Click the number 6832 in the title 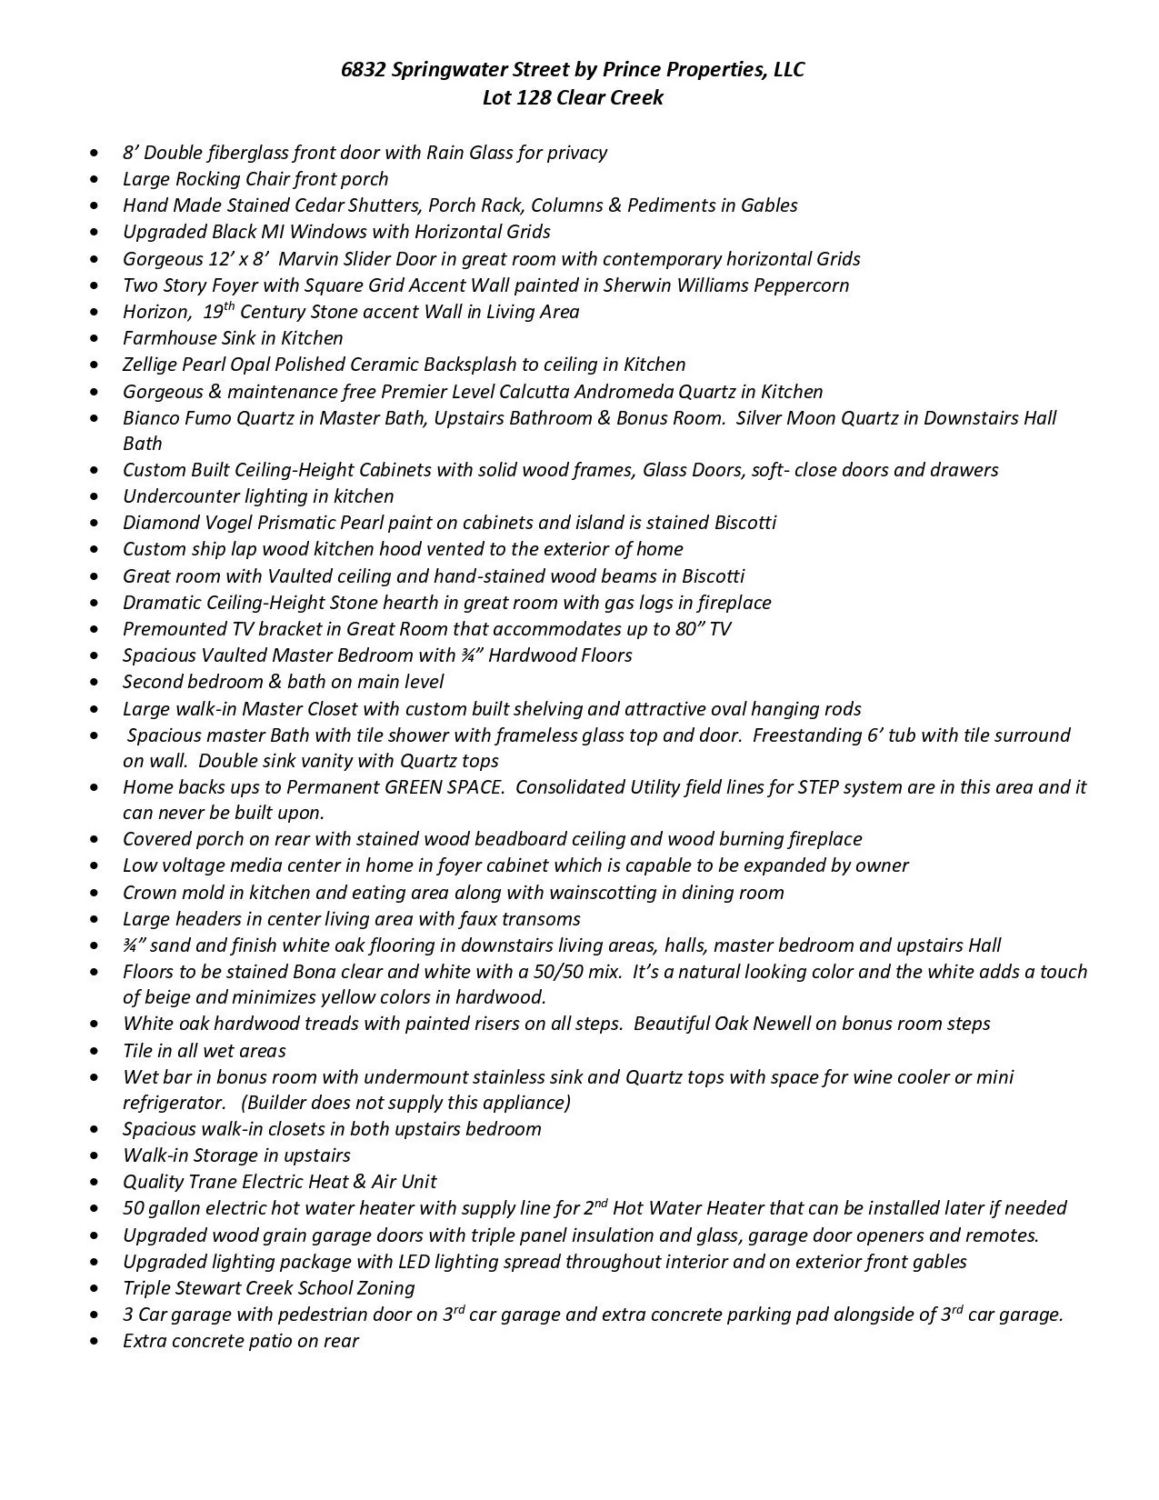(x=363, y=70)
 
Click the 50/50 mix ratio (x=563, y=972)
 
